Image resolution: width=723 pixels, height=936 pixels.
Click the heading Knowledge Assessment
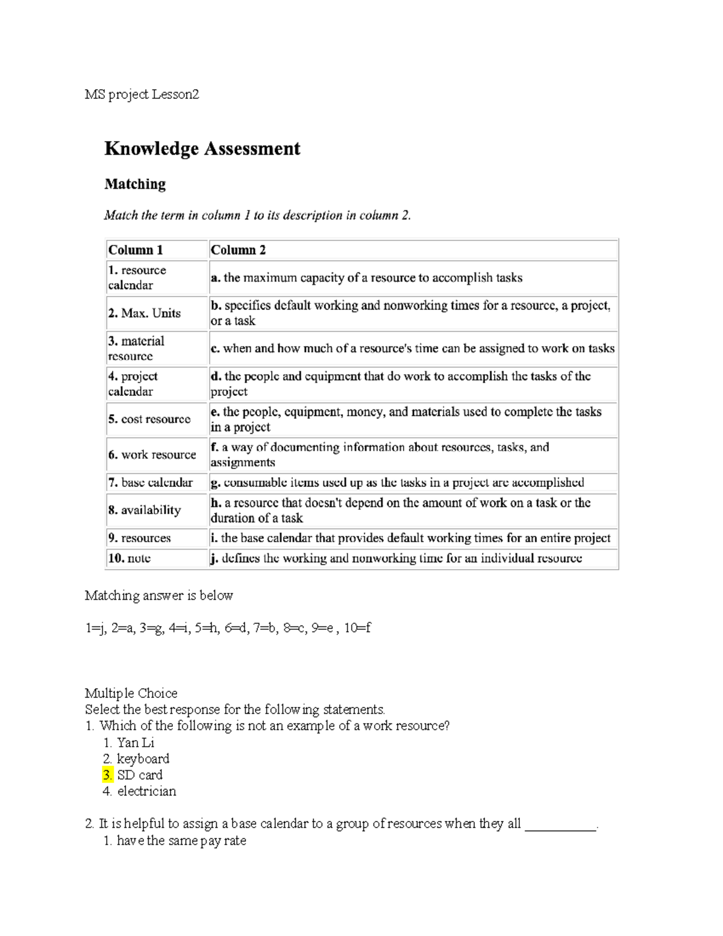click(202, 149)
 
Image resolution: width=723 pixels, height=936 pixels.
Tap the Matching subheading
click(135, 184)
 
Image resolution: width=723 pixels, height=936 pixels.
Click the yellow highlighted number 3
click(108, 775)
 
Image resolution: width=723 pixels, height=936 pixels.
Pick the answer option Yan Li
click(136, 743)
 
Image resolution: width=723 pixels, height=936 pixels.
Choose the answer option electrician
click(146, 791)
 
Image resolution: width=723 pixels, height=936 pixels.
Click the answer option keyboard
click(143, 759)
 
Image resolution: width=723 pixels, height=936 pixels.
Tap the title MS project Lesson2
click(142, 95)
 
